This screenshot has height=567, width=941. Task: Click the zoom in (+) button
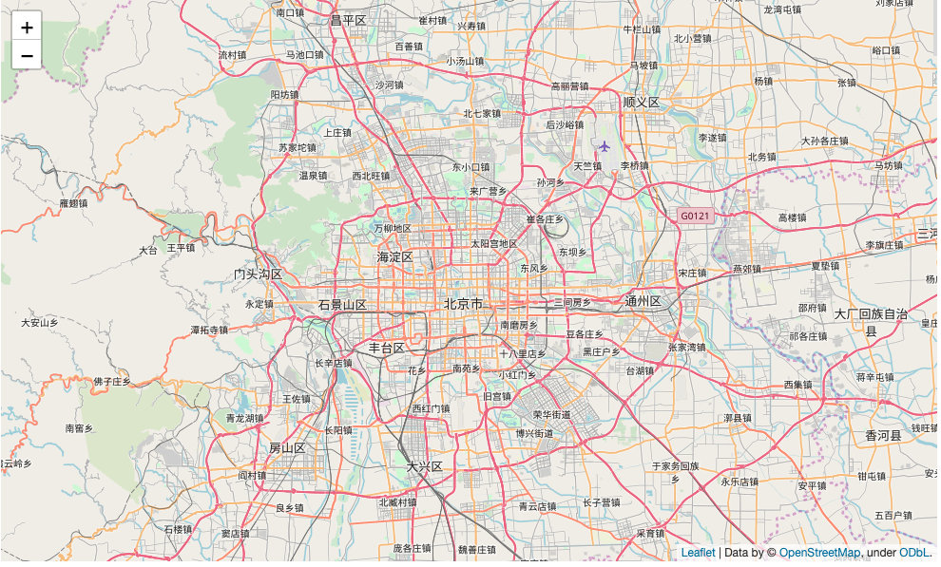27,27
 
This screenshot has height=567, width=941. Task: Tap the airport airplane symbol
605,146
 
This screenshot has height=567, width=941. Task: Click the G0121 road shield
695,217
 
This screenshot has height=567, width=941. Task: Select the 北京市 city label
463,305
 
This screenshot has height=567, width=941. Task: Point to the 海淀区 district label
394,257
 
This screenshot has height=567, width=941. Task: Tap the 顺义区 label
642,102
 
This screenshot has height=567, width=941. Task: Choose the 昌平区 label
348,20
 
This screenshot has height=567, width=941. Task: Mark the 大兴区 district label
425,467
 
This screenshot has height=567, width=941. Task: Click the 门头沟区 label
259,274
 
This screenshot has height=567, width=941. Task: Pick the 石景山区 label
342,305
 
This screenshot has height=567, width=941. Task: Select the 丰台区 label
387,348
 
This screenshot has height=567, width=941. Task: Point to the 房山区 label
286,448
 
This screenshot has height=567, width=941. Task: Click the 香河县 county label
883,436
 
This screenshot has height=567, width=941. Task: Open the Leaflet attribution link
698,553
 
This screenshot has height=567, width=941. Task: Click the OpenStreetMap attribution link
819,553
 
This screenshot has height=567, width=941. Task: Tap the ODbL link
914,553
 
